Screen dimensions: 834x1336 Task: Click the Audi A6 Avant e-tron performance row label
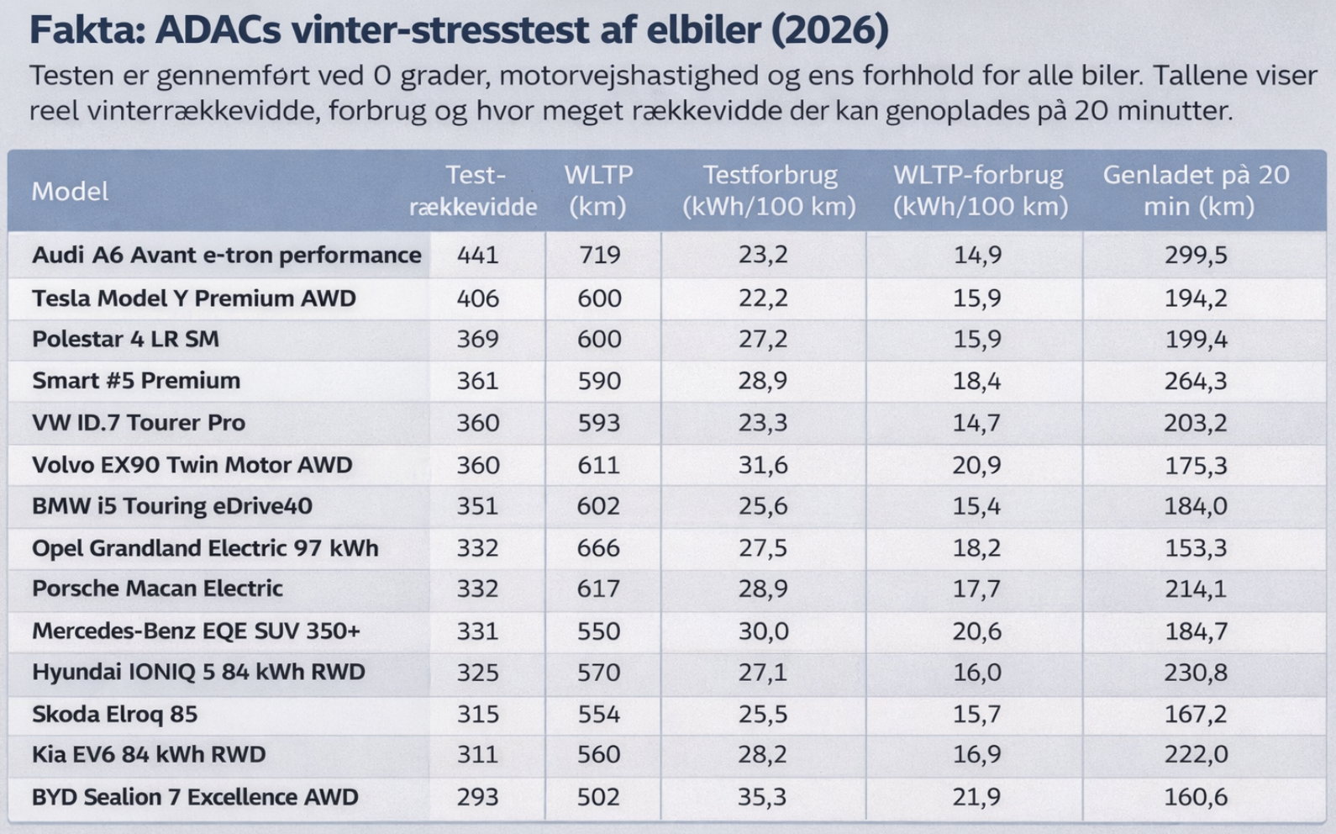tap(227, 255)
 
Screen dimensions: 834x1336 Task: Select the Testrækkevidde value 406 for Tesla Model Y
tap(477, 298)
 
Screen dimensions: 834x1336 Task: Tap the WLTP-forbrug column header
tap(979, 191)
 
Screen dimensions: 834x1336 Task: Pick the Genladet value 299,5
tap(1195, 255)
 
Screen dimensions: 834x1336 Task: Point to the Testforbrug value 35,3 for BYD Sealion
tap(762, 796)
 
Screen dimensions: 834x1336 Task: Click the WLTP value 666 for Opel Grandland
tap(598, 548)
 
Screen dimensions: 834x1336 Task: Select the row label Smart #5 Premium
tap(136, 381)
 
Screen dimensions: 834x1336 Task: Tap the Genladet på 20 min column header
tap(1197, 191)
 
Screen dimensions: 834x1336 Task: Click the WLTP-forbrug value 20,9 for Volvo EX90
tap(976, 465)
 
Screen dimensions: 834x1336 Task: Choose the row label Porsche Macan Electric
tap(157, 589)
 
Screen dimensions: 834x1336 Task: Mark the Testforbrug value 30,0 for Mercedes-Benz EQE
tap(763, 631)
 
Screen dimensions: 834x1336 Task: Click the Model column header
tap(70, 192)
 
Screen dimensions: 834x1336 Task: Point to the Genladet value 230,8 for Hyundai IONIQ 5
tap(1195, 673)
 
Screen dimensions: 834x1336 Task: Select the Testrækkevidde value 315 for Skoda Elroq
tap(477, 714)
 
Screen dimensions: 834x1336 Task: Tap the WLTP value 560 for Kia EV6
tap(598, 754)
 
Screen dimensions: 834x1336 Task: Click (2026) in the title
tap(829, 30)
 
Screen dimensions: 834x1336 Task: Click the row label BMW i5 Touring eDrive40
tap(172, 506)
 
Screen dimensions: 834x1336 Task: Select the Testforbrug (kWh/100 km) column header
tap(769, 191)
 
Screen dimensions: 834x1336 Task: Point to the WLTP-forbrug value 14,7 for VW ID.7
tap(976, 423)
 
